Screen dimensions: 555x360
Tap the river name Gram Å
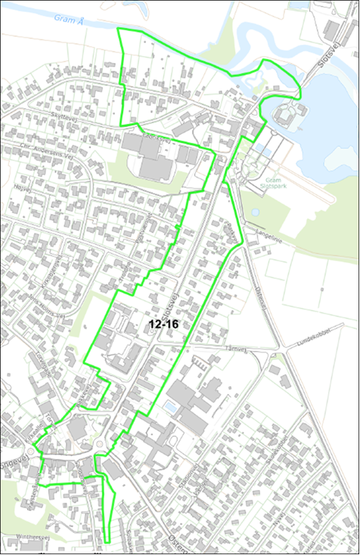[70, 19]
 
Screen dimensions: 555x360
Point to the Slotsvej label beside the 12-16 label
[169, 307]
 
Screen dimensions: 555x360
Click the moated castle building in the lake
[285, 115]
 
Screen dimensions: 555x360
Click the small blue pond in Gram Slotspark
[256, 212]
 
